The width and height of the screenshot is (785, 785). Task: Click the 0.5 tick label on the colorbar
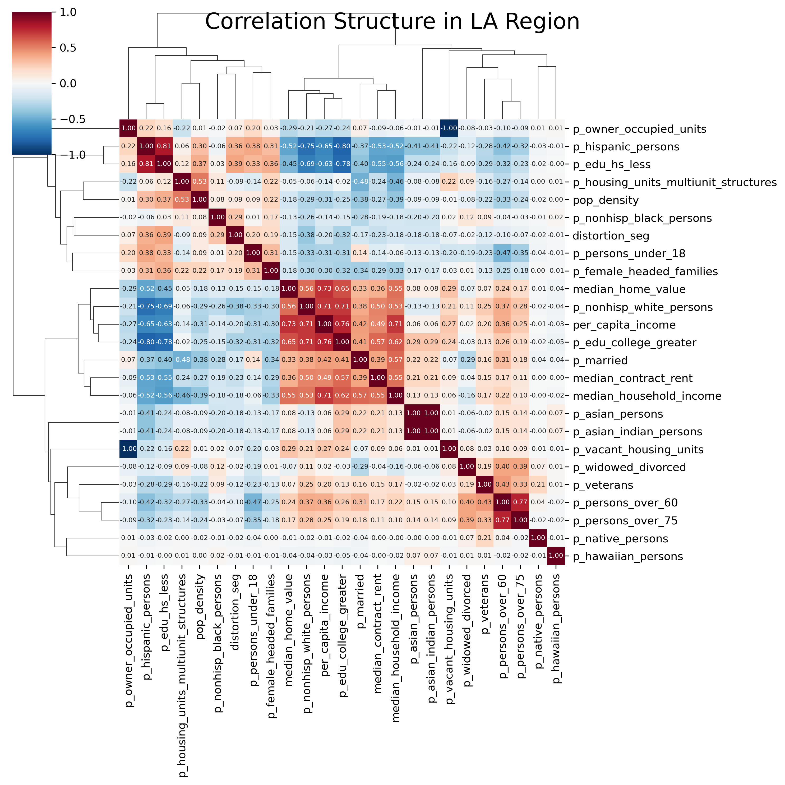point(68,48)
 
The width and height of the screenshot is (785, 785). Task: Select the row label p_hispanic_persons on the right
point(626,147)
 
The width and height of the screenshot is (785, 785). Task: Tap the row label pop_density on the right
point(606,200)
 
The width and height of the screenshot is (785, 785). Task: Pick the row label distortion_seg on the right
point(611,236)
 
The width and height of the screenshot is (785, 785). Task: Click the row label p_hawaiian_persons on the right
point(628,556)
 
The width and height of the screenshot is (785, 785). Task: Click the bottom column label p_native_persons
point(538,622)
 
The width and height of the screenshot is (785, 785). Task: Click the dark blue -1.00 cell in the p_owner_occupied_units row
point(449,128)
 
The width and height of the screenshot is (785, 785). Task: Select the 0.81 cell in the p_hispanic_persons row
point(164,146)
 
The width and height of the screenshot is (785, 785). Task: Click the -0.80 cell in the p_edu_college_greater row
point(146,342)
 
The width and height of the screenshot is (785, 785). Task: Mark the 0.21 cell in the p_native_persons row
point(485,538)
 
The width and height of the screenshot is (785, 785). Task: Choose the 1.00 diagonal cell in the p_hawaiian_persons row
point(556,556)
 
